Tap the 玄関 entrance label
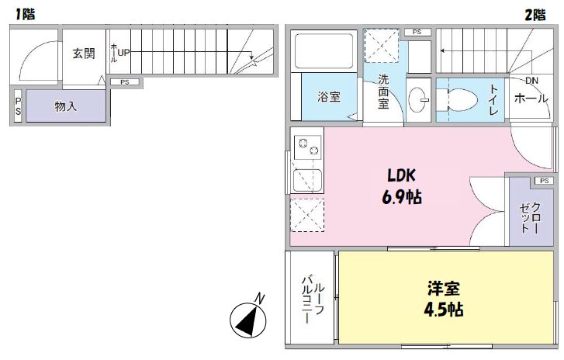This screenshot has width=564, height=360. coord(84,54)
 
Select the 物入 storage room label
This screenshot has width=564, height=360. coord(65,106)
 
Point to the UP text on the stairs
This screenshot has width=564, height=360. coord(124,54)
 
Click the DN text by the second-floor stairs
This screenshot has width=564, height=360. coord(531,81)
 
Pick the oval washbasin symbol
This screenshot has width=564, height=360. coord(418,99)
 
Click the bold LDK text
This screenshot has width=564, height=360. coord(402,175)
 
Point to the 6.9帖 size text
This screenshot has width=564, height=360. coord(402,197)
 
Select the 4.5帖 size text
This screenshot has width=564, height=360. coord(444,310)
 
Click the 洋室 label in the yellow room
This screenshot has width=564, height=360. coord(444,289)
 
